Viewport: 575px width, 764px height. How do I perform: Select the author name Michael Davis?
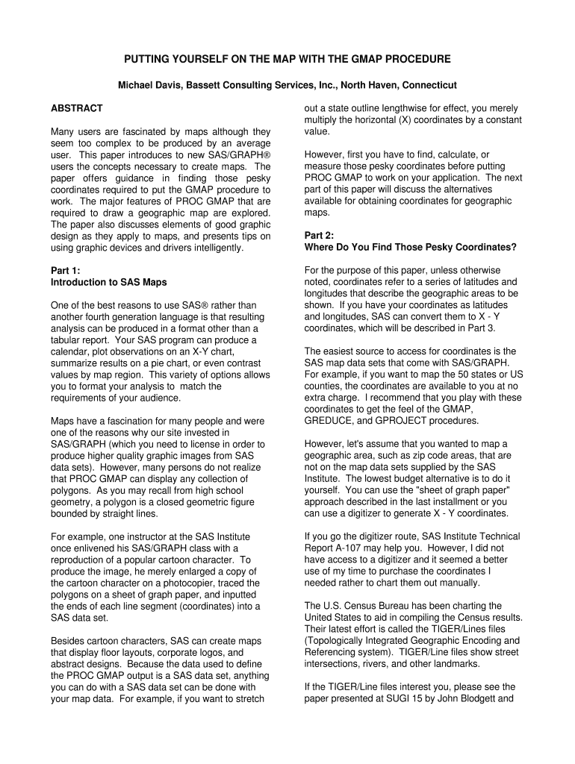point(148,86)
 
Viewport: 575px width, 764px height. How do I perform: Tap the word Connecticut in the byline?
point(426,86)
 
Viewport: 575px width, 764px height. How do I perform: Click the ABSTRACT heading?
point(76,109)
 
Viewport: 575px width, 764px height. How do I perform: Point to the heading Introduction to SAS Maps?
point(108,282)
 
